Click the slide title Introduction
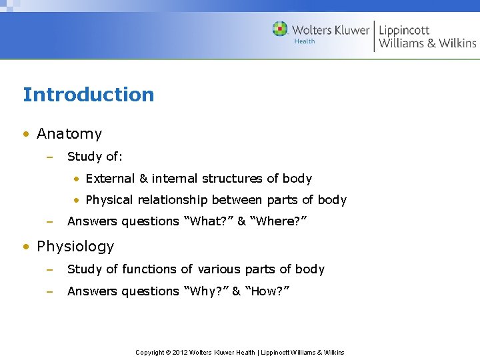(x=88, y=95)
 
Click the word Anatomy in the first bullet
(x=69, y=134)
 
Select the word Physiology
(x=75, y=247)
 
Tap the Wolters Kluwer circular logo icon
(x=280, y=29)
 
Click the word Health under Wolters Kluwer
(x=305, y=41)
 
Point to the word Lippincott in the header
(x=404, y=29)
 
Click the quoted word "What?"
(x=207, y=221)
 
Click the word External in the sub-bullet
(x=110, y=179)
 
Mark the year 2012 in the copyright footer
(x=179, y=352)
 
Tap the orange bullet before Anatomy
(x=26, y=134)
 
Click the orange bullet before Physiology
(x=26, y=247)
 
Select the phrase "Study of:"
(x=95, y=157)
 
